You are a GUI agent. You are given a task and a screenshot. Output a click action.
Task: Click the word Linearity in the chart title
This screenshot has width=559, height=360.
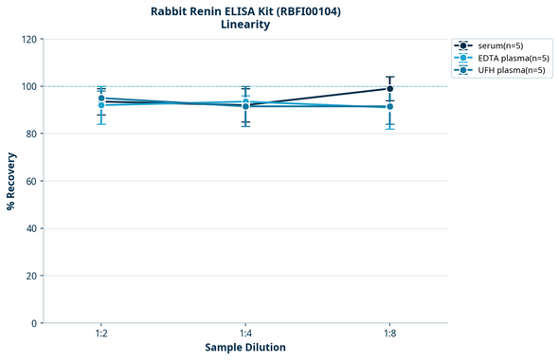[245, 25]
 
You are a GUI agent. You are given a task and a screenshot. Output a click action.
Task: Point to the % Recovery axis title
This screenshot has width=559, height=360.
[11, 181]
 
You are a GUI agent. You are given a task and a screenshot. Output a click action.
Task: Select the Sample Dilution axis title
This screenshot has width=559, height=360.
[245, 348]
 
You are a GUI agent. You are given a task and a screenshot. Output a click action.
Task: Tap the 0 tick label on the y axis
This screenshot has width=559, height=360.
[33, 323]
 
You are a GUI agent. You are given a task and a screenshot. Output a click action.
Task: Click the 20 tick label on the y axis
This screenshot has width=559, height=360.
[30, 276]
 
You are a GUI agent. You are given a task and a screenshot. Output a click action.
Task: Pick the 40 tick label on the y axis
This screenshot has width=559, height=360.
[30, 228]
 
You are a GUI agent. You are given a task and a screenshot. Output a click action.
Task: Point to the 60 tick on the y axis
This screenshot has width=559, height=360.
[30, 181]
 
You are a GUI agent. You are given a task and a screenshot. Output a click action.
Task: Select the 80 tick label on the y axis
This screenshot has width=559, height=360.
[30, 134]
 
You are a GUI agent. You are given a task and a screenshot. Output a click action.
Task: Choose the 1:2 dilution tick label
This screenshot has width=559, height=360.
[100, 334]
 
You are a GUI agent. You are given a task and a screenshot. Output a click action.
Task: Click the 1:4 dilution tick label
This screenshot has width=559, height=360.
[245, 334]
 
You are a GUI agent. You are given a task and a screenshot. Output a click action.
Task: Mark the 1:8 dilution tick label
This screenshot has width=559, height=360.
[389, 334]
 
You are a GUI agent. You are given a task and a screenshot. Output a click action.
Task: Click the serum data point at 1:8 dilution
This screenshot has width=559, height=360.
[389, 89]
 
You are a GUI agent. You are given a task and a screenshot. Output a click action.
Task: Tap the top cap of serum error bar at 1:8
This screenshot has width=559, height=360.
[389, 77]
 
